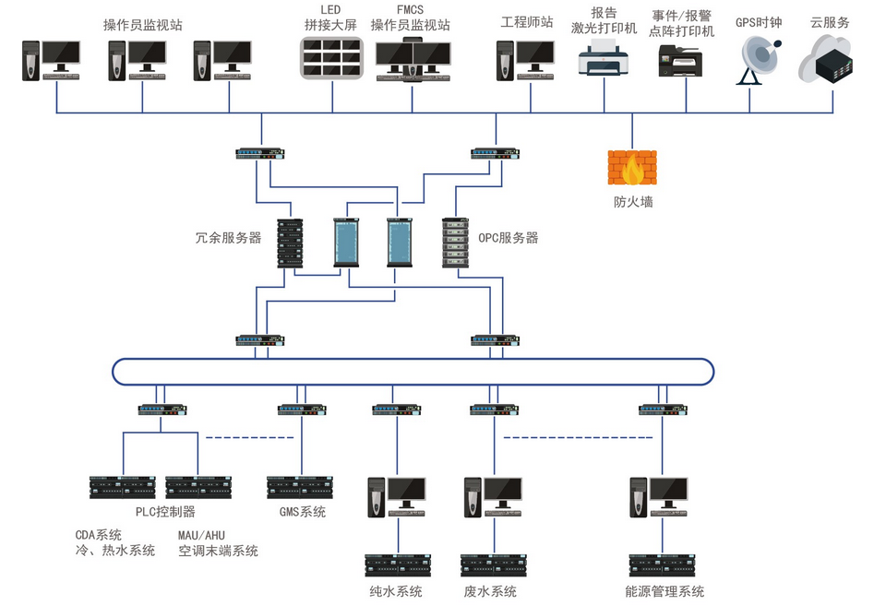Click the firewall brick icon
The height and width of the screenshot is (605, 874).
pos(632,169)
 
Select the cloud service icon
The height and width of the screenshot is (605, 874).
pos(824,60)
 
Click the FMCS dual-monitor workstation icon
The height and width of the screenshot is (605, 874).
pos(413,61)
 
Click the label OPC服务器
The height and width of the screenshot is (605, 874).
pos(508,238)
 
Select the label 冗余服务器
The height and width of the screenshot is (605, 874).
pos(229,238)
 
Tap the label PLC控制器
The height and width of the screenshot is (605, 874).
pos(159,512)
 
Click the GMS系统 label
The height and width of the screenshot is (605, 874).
pos(302,512)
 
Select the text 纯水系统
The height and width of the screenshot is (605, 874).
pos(396,591)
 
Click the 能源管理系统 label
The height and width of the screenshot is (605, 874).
pos(664,591)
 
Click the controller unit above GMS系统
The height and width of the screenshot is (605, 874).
pos(299,486)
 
